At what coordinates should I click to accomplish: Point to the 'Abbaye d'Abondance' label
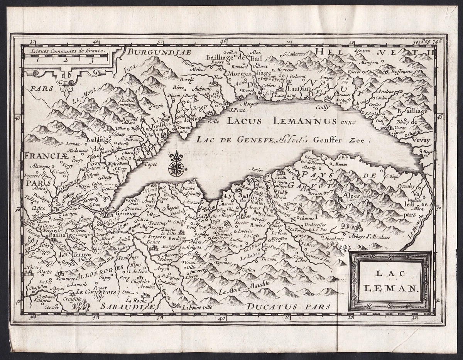point(371,237)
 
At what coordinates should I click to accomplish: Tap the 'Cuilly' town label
point(323,108)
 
